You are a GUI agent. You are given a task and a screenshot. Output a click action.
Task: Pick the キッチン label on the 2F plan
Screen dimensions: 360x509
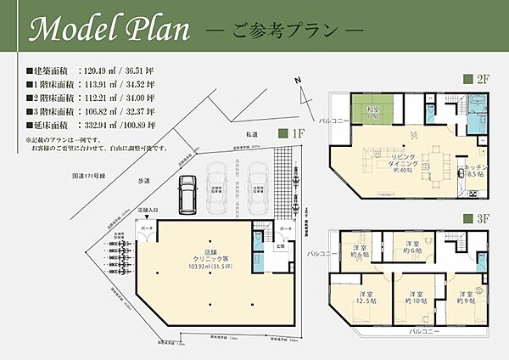473,169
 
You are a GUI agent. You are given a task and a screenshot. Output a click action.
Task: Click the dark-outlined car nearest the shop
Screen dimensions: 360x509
186,198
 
